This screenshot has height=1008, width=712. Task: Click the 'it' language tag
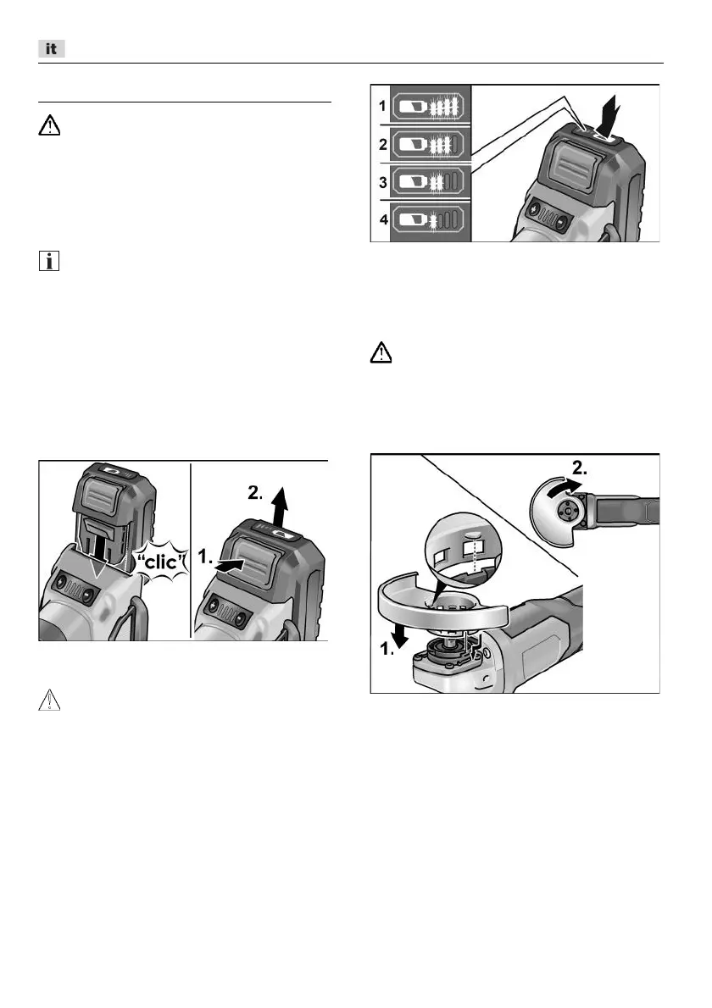tap(51, 49)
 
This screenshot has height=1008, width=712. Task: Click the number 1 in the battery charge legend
tap(381, 106)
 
